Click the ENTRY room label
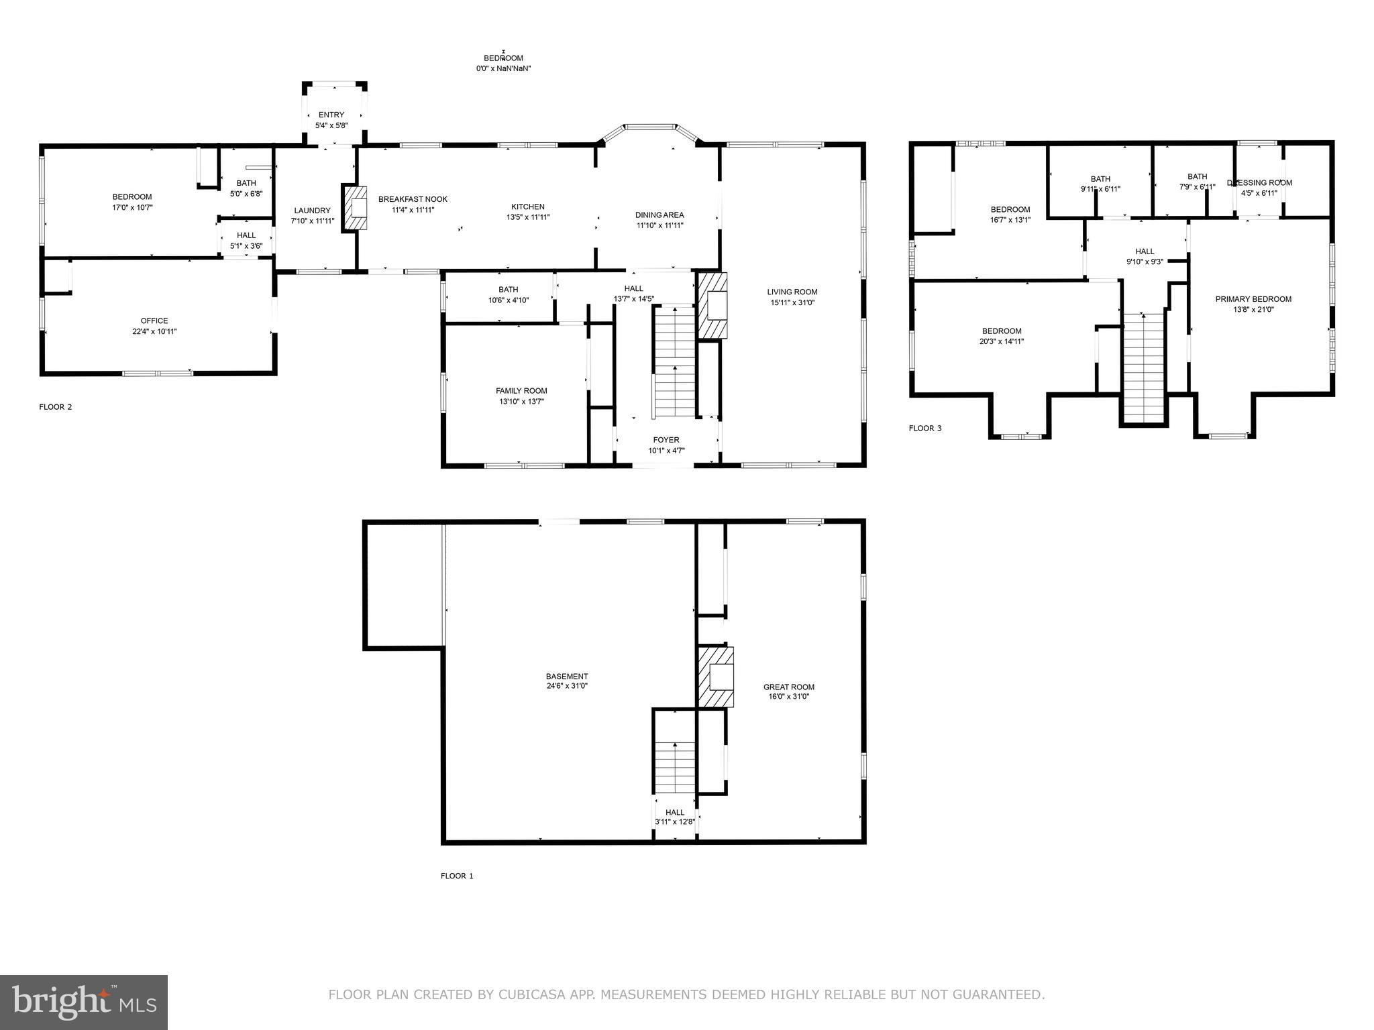point(331,115)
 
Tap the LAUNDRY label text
point(312,211)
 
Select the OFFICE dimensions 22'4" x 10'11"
point(154,331)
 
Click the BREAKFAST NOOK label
point(413,199)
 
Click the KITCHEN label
point(528,207)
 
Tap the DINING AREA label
point(659,215)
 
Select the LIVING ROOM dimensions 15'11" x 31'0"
point(792,302)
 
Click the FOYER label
point(666,440)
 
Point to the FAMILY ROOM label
point(521,391)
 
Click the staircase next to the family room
point(674,362)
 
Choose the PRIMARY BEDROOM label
point(1253,299)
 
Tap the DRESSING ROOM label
point(1259,182)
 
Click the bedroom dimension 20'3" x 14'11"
point(1002,341)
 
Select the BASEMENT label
point(567,676)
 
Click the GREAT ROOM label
point(789,687)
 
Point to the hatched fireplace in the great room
point(717,677)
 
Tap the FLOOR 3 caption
point(925,428)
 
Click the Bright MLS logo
point(84,1002)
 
